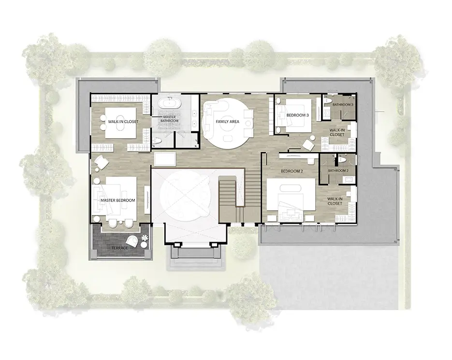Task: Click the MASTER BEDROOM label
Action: coord(117,201)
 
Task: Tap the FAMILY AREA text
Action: coord(227,122)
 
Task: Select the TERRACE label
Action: coord(119,248)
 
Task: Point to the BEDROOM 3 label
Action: coord(297,115)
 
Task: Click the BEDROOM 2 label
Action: coord(292,171)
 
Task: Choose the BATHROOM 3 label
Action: coord(343,105)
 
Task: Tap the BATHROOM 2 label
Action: coord(338,171)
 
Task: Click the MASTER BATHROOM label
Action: coord(169,119)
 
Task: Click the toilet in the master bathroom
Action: coord(157,141)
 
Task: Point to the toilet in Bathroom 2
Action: coord(342,159)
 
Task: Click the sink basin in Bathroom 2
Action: coord(350,180)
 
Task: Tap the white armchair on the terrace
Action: coord(132,241)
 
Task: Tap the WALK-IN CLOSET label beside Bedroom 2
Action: coord(335,201)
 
